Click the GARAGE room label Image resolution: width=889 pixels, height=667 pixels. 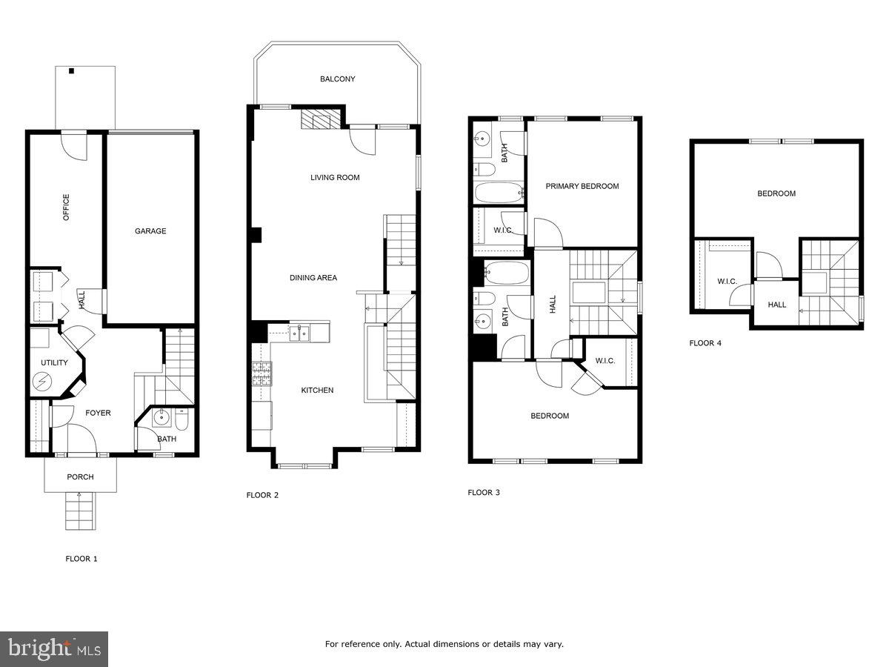point(150,231)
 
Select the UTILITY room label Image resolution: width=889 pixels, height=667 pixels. point(54,363)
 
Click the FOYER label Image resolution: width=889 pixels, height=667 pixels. point(98,413)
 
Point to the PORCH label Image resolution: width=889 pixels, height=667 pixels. point(80,477)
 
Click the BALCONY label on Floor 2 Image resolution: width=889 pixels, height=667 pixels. point(337,79)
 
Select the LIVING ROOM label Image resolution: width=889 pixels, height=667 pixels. point(335,178)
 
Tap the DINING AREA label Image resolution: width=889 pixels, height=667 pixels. point(313,278)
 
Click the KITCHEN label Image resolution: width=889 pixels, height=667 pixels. point(317,391)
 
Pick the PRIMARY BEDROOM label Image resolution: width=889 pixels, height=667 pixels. point(582,186)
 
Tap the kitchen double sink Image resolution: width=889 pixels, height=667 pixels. point(300,333)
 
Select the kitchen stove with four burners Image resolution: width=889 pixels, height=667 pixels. point(262,374)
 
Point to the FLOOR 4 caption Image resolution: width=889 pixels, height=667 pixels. point(705,343)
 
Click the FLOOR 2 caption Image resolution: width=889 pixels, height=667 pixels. point(262,495)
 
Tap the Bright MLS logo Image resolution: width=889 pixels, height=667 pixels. point(54,649)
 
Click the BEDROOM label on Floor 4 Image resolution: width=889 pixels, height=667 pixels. point(776,193)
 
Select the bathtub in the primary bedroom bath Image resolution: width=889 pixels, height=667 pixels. point(499,193)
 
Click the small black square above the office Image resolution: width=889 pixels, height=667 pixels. point(72,71)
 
